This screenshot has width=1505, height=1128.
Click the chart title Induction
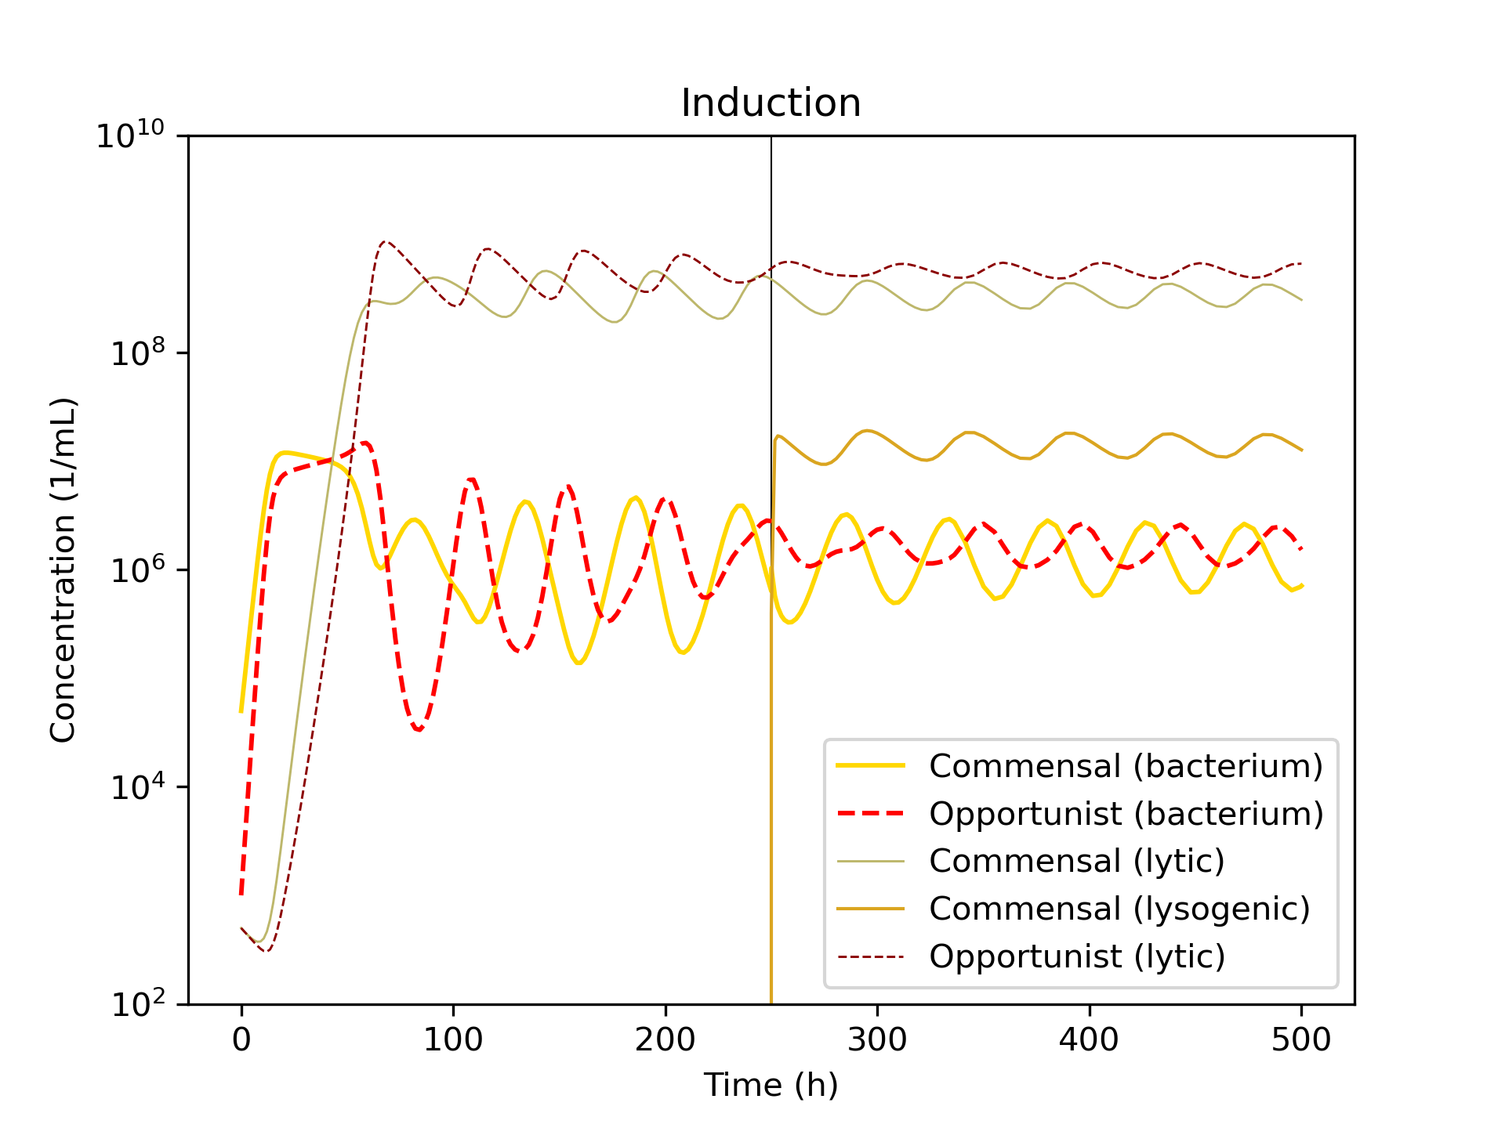(771, 103)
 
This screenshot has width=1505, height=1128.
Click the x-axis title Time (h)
(771, 1085)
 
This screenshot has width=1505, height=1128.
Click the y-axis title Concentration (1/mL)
(63, 570)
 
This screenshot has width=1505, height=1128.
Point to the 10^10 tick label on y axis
(131, 136)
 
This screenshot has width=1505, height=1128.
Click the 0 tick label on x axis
(241, 1040)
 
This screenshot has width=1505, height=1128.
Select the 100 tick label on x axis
(453, 1040)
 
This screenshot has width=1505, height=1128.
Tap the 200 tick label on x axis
(665, 1040)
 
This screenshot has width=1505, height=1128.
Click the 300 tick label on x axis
(877, 1040)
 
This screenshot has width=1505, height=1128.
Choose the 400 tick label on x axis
(1090, 1040)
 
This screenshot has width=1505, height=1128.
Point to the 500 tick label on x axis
(1301, 1040)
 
